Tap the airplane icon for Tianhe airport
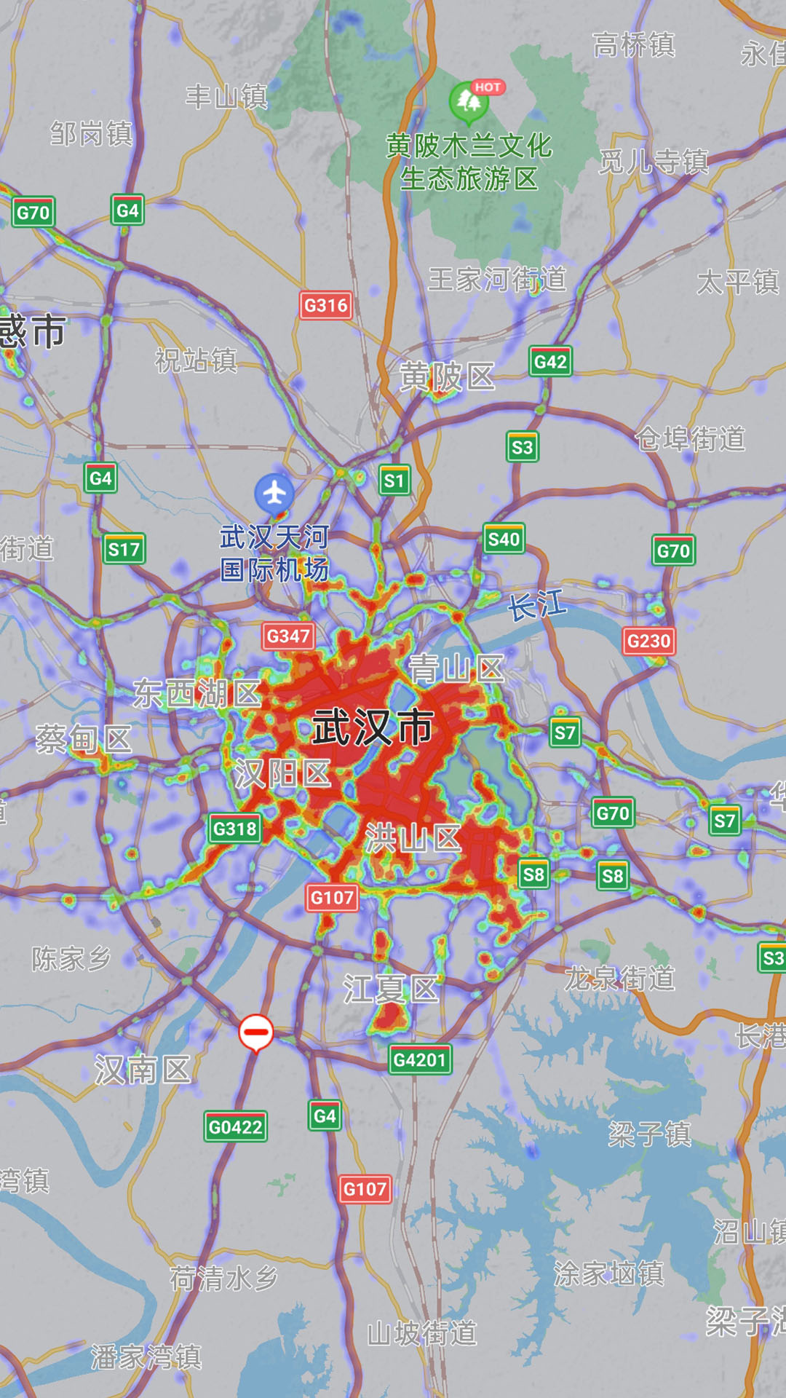click(x=274, y=493)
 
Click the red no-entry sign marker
click(x=255, y=1032)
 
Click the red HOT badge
click(x=488, y=87)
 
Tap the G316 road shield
click(x=325, y=305)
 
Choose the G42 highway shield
click(x=550, y=361)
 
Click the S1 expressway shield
click(x=394, y=481)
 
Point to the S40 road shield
click(x=504, y=539)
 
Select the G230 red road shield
click(x=648, y=641)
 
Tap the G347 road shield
click(x=288, y=636)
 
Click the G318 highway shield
click(x=234, y=829)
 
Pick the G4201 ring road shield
click(x=419, y=1059)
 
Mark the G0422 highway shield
click(x=235, y=1127)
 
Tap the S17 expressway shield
click(x=124, y=549)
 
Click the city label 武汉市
click(x=373, y=727)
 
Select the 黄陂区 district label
click(x=447, y=377)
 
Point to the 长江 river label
click(x=537, y=606)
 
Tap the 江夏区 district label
click(x=391, y=990)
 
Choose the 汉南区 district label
click(x=143, y=1070)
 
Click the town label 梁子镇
click(x=650, y=1134)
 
